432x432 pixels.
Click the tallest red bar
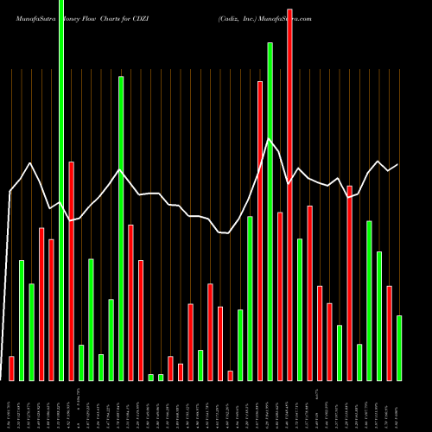pos(289,194)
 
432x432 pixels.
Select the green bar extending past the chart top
pos(60,190)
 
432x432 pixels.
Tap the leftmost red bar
pos(11,368)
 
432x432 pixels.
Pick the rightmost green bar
pos(399,348)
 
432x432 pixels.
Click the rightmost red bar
pos(389,333)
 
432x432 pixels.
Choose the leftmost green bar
pos(22,320)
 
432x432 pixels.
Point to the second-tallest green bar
pos(270,212)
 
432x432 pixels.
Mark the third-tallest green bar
pos(121,228)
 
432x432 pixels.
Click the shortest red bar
pos(230,375)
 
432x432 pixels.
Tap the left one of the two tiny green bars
pos(150,377)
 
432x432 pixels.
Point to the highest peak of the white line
pos(270,139)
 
